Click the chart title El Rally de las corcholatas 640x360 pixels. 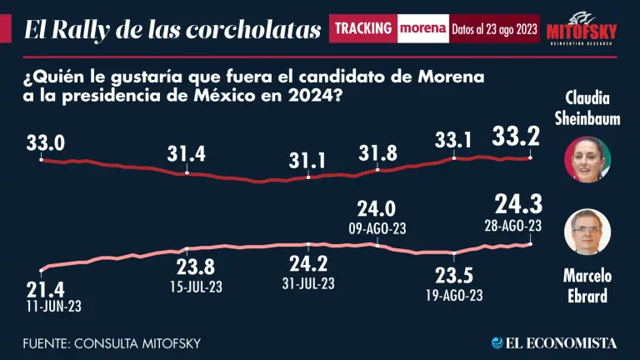click(x=172, y=30)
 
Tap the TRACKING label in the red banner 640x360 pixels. click(x=362, y=28)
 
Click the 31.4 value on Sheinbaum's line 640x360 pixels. click(x=186, y=154)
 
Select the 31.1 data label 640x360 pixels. click(x=308, y=158)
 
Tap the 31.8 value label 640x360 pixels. click(x=377, y=153)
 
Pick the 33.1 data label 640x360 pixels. click(x=454, y=139)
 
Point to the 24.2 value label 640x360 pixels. click(x=308, y=266)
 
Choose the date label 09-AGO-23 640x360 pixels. click(x=377, y=227)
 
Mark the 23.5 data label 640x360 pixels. click(x=454, y=276)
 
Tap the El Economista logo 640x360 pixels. click(x=554, y=342)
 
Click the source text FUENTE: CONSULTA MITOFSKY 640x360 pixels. click(x=112, y=342)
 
